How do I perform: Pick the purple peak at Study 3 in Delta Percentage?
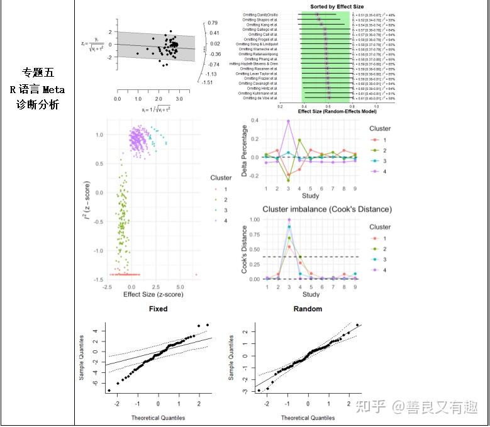[288, 121]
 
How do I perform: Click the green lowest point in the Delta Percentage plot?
[288, 180]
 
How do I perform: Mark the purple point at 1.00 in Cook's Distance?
[288, 220]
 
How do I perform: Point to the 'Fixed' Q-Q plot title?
[158, 309]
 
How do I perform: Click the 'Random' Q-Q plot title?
[308, 309]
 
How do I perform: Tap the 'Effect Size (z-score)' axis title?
[153, 294]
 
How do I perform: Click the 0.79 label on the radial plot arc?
[214, 23]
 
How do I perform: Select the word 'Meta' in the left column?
[53, 90]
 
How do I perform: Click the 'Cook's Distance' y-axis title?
[245, 250]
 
